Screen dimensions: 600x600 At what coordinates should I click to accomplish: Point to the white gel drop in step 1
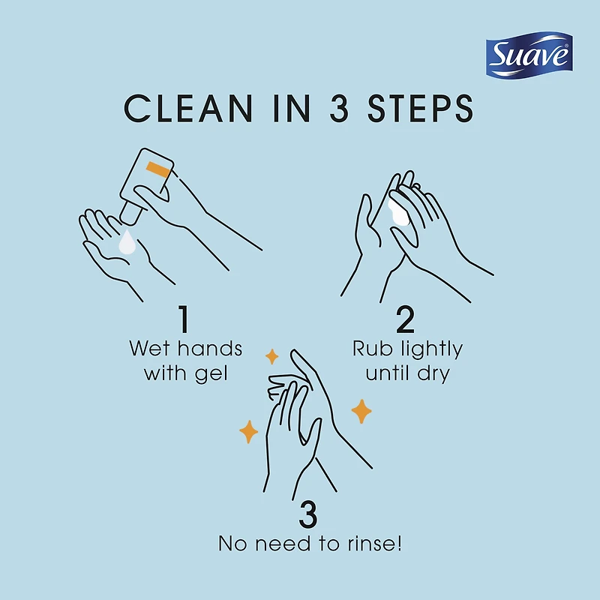[127, 243]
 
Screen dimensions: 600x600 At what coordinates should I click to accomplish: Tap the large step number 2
[405, 319]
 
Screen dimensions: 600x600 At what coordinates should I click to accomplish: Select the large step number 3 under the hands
[308, 516]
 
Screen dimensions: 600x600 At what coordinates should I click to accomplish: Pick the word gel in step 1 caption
[209, 373]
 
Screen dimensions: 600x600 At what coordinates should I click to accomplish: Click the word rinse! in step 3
[376, 544]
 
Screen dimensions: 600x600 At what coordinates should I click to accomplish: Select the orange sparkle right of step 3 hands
[361, 410]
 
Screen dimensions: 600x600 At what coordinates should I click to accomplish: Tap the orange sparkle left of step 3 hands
[248, 432]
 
